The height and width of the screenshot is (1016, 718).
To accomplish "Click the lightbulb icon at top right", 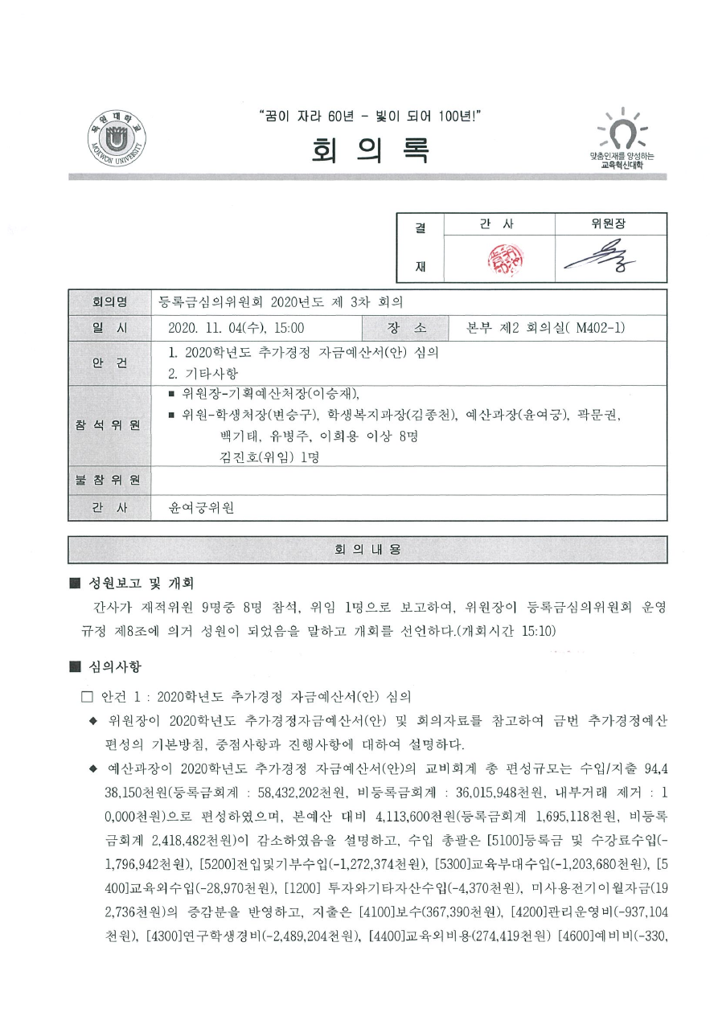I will click(x=621, y=131).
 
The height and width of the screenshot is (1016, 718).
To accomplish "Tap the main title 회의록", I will click(x=359, y=148).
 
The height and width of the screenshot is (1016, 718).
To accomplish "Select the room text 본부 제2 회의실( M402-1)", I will click(x=547, y=328).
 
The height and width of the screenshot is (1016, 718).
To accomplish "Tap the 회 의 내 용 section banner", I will click(x=367, y=550).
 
